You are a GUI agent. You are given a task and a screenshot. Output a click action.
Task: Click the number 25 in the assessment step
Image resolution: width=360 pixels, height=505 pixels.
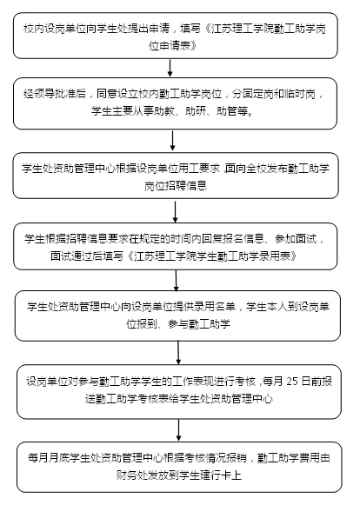tap(292, 381)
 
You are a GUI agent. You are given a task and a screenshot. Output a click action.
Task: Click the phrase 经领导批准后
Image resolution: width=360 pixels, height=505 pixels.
tap(55, 94)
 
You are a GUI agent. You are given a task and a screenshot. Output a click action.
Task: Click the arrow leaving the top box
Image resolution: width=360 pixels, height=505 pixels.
tap(170, 68)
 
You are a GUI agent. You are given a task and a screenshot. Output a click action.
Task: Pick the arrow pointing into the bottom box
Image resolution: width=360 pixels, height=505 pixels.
tap(178, 430)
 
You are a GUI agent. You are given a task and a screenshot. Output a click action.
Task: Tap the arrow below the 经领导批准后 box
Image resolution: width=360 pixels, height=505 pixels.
tap(172, 141)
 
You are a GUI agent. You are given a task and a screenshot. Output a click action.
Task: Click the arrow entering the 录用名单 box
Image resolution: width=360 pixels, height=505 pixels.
tap(176, 280)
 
